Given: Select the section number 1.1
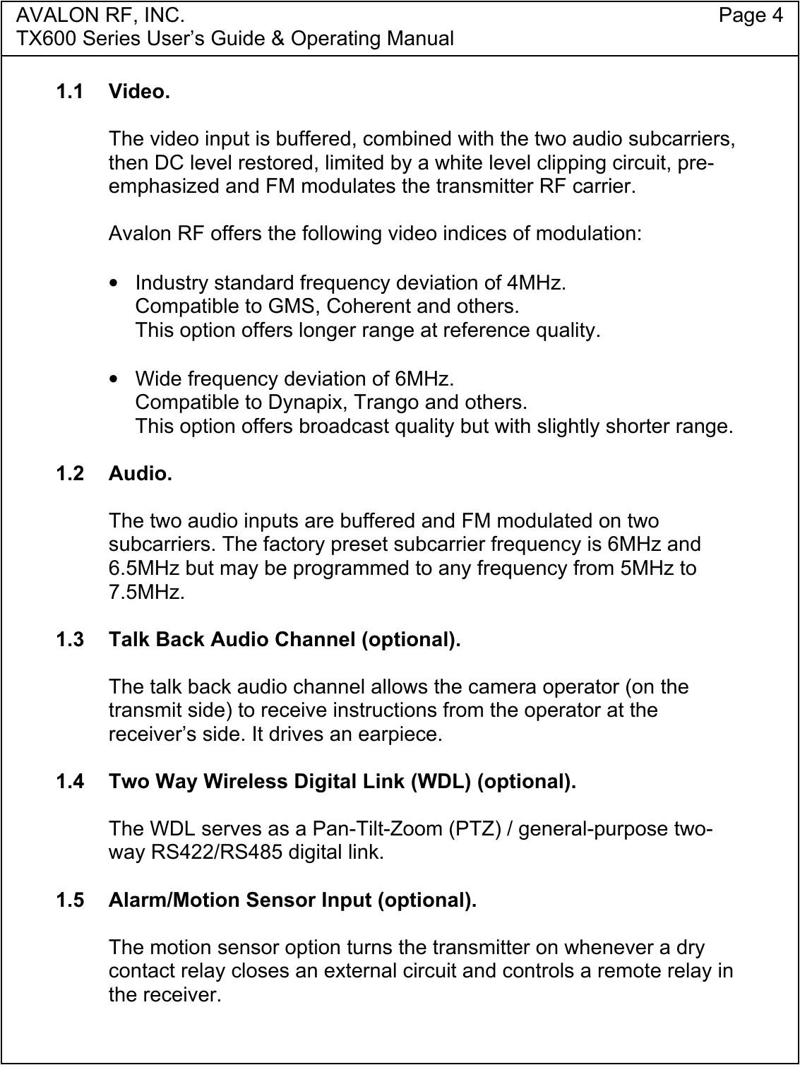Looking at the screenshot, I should (x=70, y=92).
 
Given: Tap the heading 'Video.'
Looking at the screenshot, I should (x=139, y=92).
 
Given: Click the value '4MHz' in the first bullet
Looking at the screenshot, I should (x=534, y=283).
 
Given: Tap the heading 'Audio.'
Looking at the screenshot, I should (x=140, y=473).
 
